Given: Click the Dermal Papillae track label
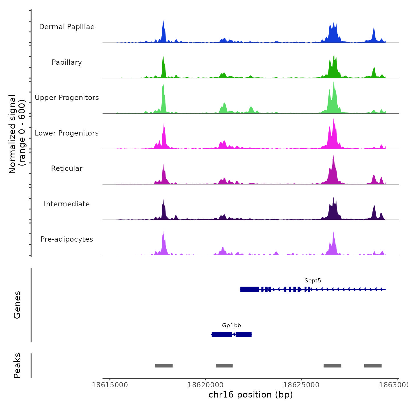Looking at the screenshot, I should point(67,27).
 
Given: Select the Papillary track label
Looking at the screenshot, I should point(67,62).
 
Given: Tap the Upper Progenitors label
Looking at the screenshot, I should point(67,98).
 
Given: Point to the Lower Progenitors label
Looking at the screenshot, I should point(67,133).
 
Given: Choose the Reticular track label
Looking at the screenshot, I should point(67,168).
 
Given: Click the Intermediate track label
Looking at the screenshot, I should point(67,204).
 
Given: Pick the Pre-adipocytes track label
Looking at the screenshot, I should point(67,239).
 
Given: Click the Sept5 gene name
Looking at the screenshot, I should point(312,281).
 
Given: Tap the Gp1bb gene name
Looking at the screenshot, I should point(231,326).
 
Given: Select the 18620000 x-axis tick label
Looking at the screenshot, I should point(205,385).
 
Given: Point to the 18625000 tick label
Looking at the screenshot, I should point(301,385).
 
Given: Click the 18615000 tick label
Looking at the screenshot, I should point(110,385).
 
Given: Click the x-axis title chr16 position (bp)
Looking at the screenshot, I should point(251,395).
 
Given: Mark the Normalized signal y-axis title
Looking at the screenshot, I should point(17,134).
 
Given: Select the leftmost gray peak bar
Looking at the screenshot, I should point(164,366).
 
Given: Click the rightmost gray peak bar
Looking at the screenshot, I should point(373,366).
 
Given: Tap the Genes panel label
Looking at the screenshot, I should point(17,305).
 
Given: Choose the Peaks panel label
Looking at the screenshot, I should point(17,365).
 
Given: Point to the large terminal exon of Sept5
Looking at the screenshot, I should point(250,289).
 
